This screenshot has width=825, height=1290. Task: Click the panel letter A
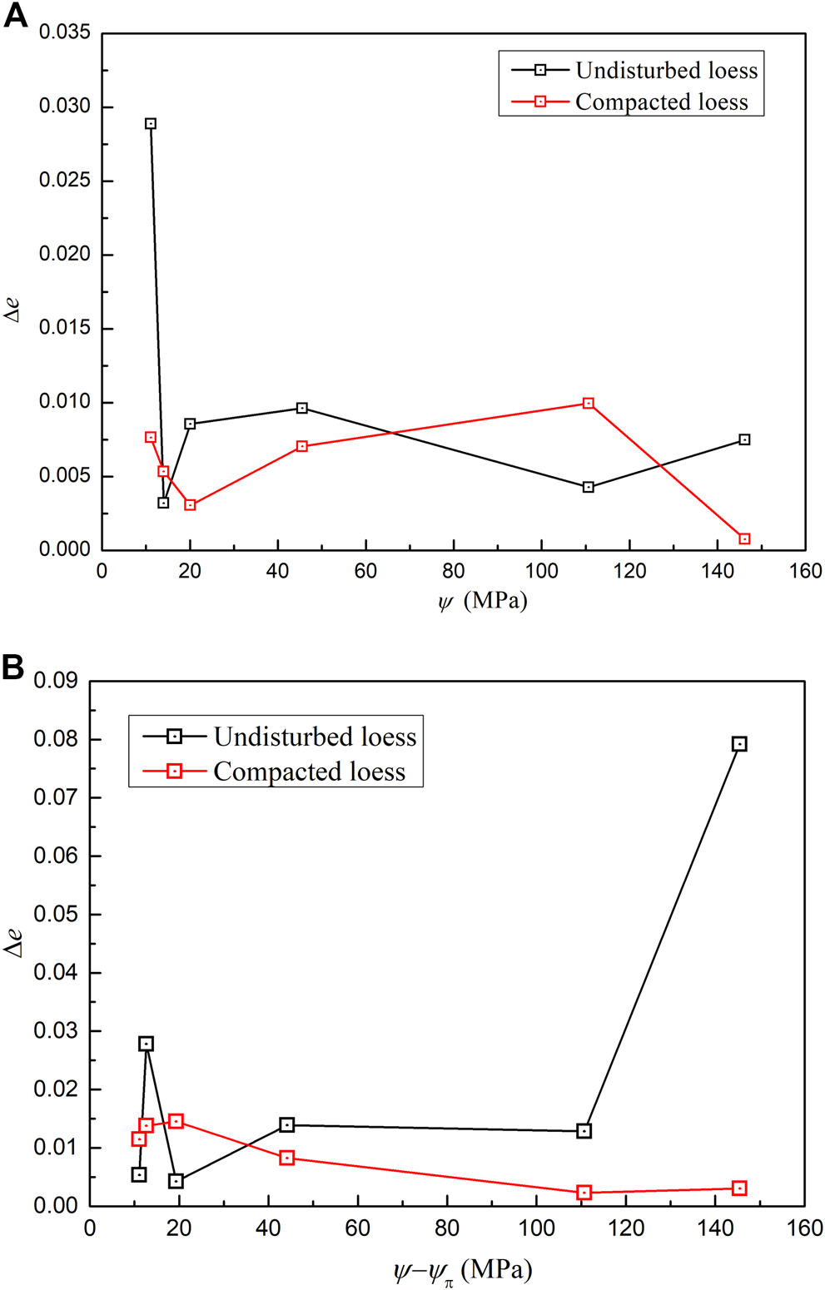click(15, 15)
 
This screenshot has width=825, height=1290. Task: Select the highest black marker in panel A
click(151, 124)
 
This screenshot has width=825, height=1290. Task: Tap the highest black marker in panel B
click(739, 744)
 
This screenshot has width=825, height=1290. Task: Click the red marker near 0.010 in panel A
click(589, 404)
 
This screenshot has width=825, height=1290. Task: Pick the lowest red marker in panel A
click(744, 539)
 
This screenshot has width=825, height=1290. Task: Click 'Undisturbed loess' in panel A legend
click(666, 71)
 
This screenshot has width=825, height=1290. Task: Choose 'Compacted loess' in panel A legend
click(661, 102)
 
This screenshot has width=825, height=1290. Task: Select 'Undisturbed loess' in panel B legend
click(314, 737)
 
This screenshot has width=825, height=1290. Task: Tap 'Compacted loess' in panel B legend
click(309, 772)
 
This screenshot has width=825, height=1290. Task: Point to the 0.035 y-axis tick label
click(64, 33)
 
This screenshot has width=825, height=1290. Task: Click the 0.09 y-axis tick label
click(55, 681)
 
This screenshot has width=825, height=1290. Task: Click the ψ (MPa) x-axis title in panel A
click(483, 600)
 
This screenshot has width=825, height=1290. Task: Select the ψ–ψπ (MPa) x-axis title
click(462, 1271)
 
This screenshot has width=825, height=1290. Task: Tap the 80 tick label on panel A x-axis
click(454, 572)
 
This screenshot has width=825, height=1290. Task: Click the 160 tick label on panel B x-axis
click(804, 1228)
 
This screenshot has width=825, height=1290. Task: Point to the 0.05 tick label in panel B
click(55, 915)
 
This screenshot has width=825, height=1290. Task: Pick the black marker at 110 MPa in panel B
click(584, 1131)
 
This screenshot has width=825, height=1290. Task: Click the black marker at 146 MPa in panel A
click(744, 440)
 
